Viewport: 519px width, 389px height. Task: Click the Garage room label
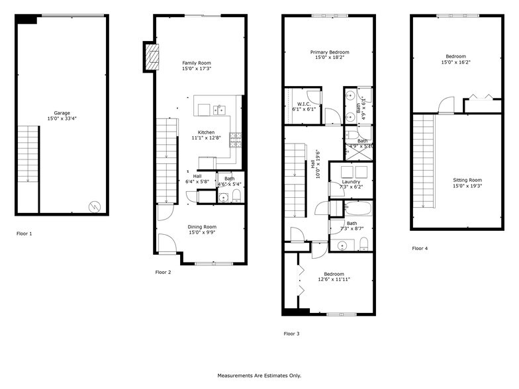pyautogui.click(x=62, y=112)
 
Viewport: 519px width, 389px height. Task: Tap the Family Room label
pyautogui.click(x=197, y=63)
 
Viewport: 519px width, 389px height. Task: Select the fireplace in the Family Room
pyautogui.click(x=153, y=57)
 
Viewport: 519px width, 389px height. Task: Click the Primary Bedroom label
pyautogui.click(x=330, y=52)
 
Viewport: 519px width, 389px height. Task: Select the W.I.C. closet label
pyautogui.click(x=305, y=104)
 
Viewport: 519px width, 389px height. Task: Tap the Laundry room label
pyautogui.click(x=351, y=181)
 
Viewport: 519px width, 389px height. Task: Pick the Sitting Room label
pyautogui.click(x=467, y=180)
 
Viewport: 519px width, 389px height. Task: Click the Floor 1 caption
pyautogui.click(x=25, y=234)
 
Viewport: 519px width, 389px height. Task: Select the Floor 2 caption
pyautogui.click(x=163, y=272)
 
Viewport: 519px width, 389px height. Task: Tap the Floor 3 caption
pyautogui.click(x=291, y=334)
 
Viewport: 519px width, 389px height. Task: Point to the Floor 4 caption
pyautogui.click(x=420, y=249)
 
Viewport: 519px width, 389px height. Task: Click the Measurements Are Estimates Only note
pyautogui.click(x=259, y=375)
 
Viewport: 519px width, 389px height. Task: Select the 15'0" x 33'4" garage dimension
pyautogui.click(x=62, y=118)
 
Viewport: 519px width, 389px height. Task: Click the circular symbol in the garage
pyautogui.click(x=95, y=206)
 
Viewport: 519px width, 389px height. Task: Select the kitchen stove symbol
pyautogui.click(x=235, y=140)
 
